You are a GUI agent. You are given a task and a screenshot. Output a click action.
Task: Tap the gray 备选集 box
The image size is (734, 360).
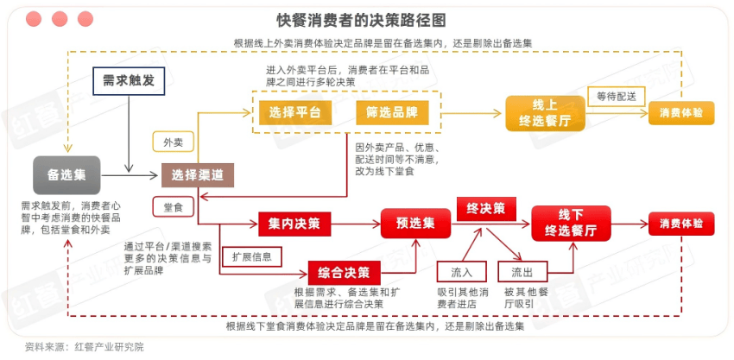pos(66,174)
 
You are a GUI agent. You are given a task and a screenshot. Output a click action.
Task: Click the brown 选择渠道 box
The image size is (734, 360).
pos(198,174)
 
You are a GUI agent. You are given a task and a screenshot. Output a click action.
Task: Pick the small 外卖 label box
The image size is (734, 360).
pos(173,142)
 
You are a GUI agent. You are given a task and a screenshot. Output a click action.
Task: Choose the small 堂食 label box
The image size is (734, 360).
pos(173,207)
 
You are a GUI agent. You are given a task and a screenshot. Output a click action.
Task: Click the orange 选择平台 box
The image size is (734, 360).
pos(294,112)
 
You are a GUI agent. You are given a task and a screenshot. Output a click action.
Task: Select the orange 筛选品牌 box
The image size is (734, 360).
pos(386,112)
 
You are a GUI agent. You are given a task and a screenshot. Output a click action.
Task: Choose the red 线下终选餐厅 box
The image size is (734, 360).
pos(571,223)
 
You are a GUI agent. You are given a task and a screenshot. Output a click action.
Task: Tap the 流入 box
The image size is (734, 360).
pos(461,271)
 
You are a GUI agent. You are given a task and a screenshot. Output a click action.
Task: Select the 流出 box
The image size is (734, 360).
pos(528,271)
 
